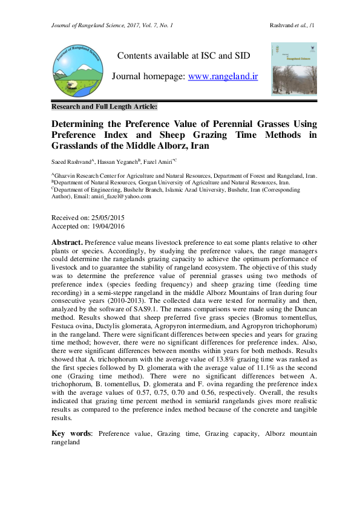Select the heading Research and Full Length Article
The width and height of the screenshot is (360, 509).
point(104,106)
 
